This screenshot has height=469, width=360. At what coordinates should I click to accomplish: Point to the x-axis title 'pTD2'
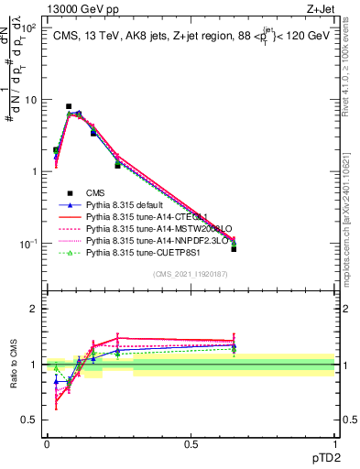coord(322,456)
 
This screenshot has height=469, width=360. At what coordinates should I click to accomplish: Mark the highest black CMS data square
coord(69,106)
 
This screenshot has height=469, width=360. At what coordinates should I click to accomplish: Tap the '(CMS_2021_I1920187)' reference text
coord(191,273)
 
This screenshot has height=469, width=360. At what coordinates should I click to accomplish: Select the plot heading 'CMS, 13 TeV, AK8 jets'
coord(147,36)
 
